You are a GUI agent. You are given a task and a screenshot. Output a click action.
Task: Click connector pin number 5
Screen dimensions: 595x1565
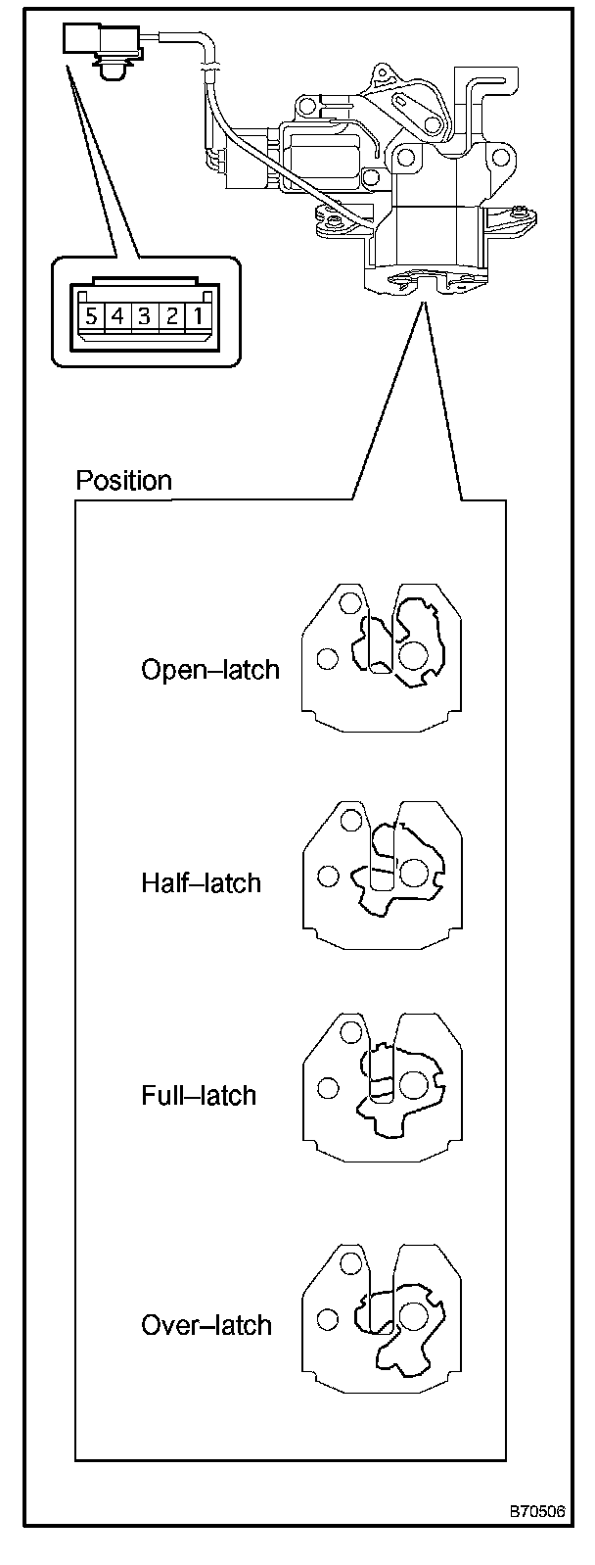click(x=91, y=316)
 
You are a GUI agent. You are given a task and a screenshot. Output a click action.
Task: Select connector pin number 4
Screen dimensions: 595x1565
click(x=117, y=316)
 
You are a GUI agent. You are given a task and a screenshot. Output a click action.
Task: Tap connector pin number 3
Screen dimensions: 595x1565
click(x=144, y=316)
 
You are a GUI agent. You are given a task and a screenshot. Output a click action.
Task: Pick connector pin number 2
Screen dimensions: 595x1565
click(x=170, y=316)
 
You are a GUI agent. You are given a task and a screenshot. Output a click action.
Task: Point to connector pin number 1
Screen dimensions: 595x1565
click(x=197, y=316)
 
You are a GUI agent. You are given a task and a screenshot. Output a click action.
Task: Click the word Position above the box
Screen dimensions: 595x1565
click(x=123, y=481)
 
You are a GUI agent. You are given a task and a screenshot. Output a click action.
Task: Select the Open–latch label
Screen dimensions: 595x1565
click(x=210, y=670)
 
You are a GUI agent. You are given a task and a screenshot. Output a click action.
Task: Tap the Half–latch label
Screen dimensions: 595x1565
click(x=202, y=883)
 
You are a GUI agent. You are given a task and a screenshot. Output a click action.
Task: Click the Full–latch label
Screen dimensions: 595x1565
click(x=199, y=1095)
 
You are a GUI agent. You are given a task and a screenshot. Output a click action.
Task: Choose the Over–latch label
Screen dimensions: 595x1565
click(x=206, y=1325)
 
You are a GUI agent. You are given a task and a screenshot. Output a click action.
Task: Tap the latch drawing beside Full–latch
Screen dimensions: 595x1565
click(x=383, y=1086)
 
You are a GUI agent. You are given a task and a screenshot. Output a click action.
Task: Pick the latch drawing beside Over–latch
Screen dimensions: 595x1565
click(x=383, y=1318)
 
